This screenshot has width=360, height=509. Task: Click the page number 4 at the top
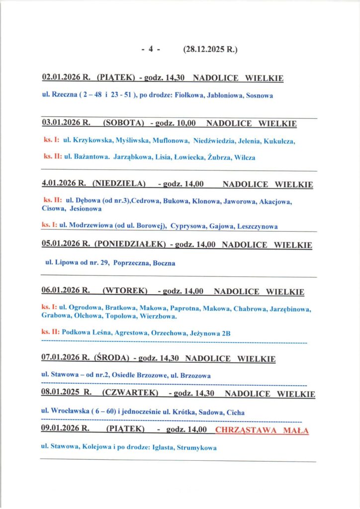[x=151, y=49]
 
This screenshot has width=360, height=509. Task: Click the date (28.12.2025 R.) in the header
[x=210, y=49]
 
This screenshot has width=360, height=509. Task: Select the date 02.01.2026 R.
[x=66, y=78]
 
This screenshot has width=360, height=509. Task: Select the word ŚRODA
[x=111, y=358]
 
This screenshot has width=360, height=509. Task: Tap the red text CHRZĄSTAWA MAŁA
[x=263, y=430]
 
